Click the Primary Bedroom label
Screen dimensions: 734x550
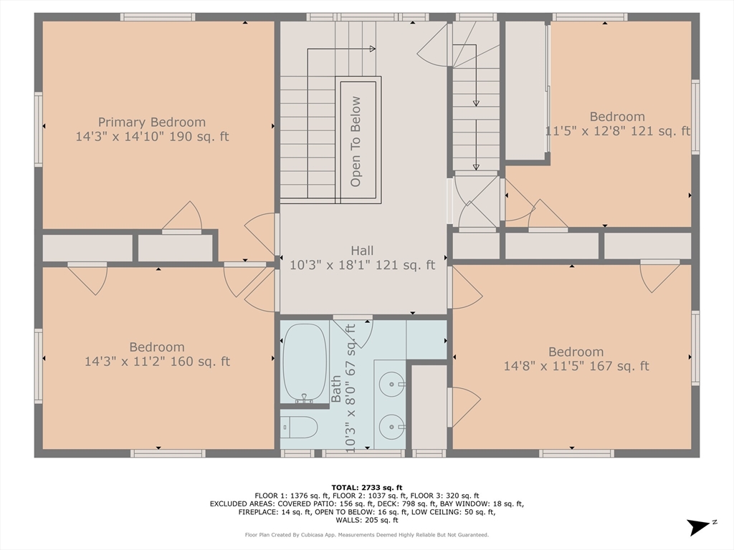coord(152,122)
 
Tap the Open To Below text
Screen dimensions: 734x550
coord(356,141)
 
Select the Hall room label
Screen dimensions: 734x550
coord(362,250)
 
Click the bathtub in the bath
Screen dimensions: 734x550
coord(305,363)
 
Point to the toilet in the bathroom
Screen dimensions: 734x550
coord(299,427)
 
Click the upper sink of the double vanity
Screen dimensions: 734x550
coord(392,385)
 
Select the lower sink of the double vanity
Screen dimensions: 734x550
coord(392,427)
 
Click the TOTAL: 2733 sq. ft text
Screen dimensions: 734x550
coord(367,487)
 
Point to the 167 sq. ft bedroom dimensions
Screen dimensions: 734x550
coord(576,366)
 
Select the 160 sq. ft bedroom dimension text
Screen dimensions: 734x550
coord(157,362)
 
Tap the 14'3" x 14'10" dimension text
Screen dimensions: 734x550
coord(152,137)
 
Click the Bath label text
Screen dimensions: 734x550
coord(336,389)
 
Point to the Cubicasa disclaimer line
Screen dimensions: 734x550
coord(367,534)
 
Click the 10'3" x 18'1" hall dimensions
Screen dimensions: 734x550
coord(362,265)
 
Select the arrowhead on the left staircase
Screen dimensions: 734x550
coord(372,49)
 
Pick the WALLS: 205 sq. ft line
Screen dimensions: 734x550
coord(367,520)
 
